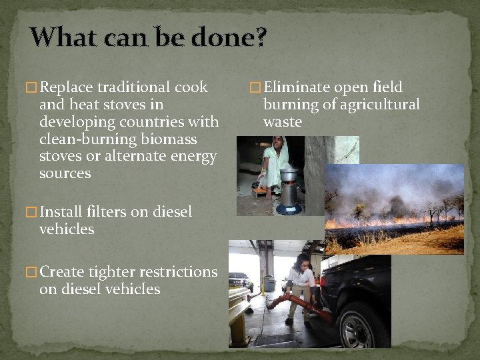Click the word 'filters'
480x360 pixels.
coord(110,212)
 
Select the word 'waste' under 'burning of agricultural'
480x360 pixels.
coord(283,122)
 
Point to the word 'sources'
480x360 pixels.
coord(65,174)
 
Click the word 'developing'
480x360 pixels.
coord(73,122)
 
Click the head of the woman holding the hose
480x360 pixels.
coord(303,261)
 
